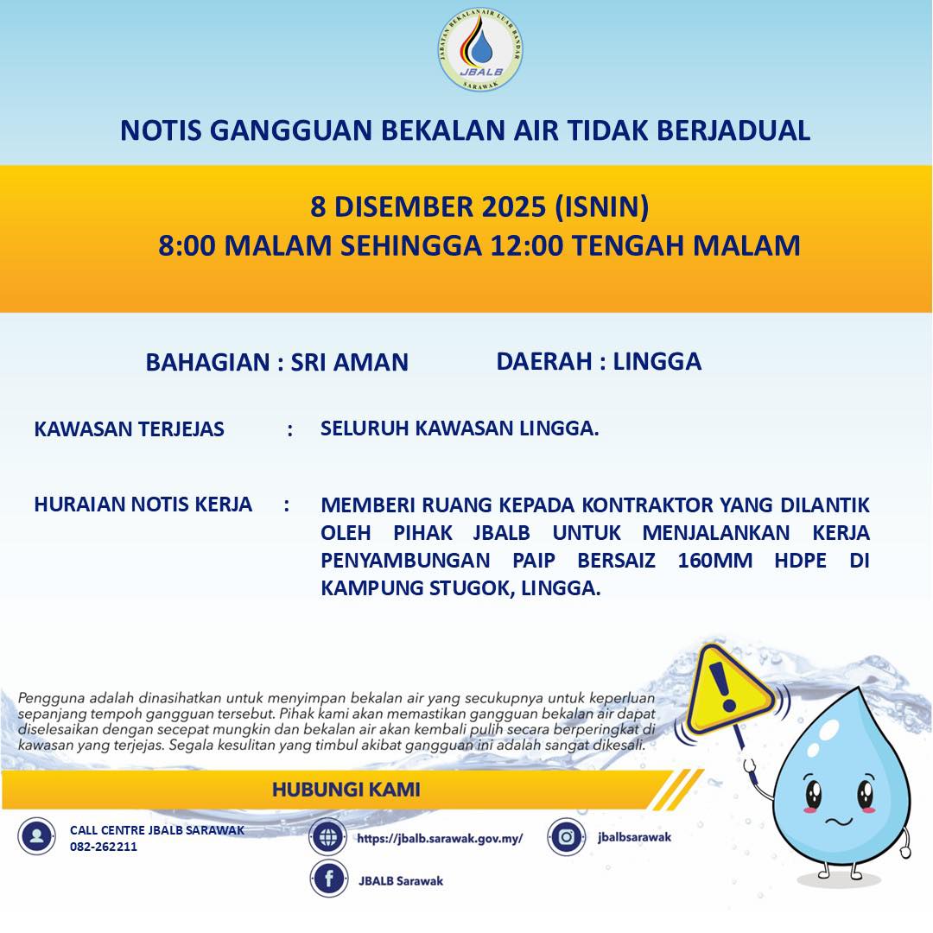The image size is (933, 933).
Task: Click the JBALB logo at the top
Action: tap(480, 51)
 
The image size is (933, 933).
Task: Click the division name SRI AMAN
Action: tap(349, 362)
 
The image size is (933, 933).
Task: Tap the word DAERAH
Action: tap(543, 361)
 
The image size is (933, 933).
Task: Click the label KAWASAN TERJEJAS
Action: tap(129, 429)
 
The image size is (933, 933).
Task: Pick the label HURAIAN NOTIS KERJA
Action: tap(143, 505)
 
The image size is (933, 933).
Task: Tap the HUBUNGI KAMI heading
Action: tap(346, 790)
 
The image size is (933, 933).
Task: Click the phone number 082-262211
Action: tap(104, 847)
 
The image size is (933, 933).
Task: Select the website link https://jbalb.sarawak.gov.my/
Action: tap(440, 838)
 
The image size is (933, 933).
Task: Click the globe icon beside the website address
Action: tap(328, 837)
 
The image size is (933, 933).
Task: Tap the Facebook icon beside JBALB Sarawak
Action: tap(328, 880)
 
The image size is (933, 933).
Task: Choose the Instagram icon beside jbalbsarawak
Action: tap(567, 836)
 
